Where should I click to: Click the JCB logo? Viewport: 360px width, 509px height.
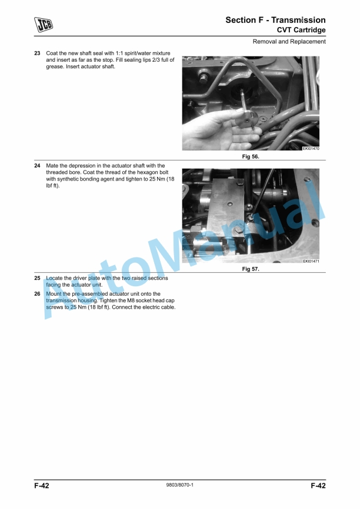click(44, 24)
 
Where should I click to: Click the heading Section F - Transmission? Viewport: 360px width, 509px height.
click(275, 20)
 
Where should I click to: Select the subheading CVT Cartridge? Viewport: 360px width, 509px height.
click(301, 30)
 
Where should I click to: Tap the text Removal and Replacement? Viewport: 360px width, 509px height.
click(289, 42)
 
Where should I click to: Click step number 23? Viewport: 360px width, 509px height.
click(38, 53)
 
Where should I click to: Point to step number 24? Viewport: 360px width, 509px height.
click(38, 166)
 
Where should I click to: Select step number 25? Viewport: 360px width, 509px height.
click(38, 278)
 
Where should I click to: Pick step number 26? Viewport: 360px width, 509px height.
click(38, 294)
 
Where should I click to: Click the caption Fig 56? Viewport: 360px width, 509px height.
click(251, 156)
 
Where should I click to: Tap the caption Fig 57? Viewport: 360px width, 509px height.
click(251, 269)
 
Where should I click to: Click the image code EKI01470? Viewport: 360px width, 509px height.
click(311, 149)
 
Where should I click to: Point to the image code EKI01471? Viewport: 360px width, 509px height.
click(311, 262)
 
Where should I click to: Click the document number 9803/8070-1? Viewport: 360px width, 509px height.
click(179, 485)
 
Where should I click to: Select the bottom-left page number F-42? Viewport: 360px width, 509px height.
click(42, 485)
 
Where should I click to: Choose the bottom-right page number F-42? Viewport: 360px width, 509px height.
click(318, 485)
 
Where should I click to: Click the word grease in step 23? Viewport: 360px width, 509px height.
click(54, 67)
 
